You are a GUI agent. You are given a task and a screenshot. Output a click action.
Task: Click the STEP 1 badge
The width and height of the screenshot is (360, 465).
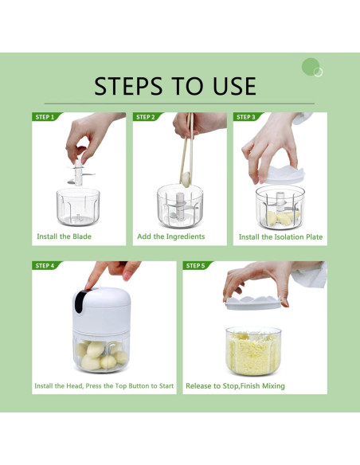click(x=45, y=117)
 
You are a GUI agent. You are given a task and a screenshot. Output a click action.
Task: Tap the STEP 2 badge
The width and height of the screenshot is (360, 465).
click(x=146, y=117)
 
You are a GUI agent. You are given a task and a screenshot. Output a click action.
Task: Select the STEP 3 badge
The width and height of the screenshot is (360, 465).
click(x=246, y=117)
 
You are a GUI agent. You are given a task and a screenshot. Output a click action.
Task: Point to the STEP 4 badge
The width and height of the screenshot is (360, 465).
click(x=45, y=265)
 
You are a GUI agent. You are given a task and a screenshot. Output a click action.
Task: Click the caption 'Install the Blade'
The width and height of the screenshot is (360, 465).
click(x=64, y=236)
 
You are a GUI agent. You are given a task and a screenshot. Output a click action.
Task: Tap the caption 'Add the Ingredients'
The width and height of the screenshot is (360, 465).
click(x=170, y=236)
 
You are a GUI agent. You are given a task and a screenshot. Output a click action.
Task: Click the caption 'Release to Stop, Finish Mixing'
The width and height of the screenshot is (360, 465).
click(x=235, y=386)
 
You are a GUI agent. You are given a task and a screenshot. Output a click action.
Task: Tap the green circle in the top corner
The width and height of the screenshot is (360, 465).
click(x=311, y=67)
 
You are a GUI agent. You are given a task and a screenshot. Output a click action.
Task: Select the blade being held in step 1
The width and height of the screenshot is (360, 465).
click(x=79, y=171)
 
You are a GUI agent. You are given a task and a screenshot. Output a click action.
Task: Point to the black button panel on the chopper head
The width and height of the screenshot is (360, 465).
click(x=80, y=300)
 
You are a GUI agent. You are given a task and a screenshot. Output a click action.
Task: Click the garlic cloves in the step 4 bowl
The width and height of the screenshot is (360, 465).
click(x=101, y=354)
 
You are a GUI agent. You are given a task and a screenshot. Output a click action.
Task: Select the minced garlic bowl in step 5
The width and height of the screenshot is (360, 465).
click(x=253, y=350)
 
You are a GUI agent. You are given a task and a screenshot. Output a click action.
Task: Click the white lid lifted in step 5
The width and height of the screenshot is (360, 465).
click(x=254, y=300)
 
